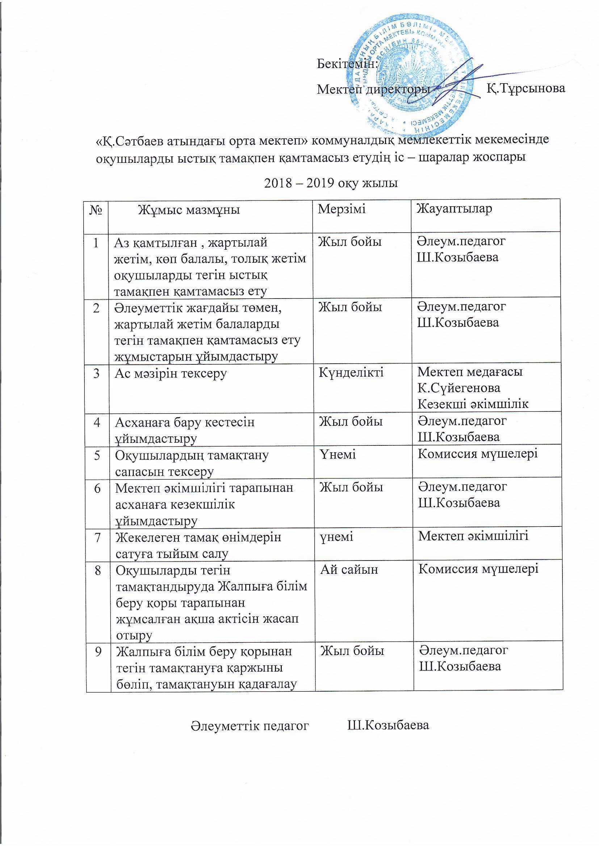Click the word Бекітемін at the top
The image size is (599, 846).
pyautogui.click(x=347, y=64)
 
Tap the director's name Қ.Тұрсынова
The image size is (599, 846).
pyautogui.click(x=525, y=88)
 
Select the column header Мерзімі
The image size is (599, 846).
pyautogui.click(x=342, y=209)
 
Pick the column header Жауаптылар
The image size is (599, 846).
pyautogui.click(x=455, y=208)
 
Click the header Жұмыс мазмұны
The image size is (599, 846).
pyautogui.click(x=188, y=210)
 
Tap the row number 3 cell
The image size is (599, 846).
pyautogui.click(x=96, y=373)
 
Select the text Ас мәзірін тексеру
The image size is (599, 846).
pyautogui.click(x=171, y=373)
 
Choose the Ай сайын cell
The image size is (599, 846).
pyautogui.click(x=349, y=569)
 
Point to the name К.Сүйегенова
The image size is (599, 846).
pyautogui.click(x=459, y=388)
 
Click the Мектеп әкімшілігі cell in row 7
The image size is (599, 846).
pyautogui.click(x=473, y=536)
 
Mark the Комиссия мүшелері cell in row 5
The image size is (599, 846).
pyautogui.click(x=478, y=454)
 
